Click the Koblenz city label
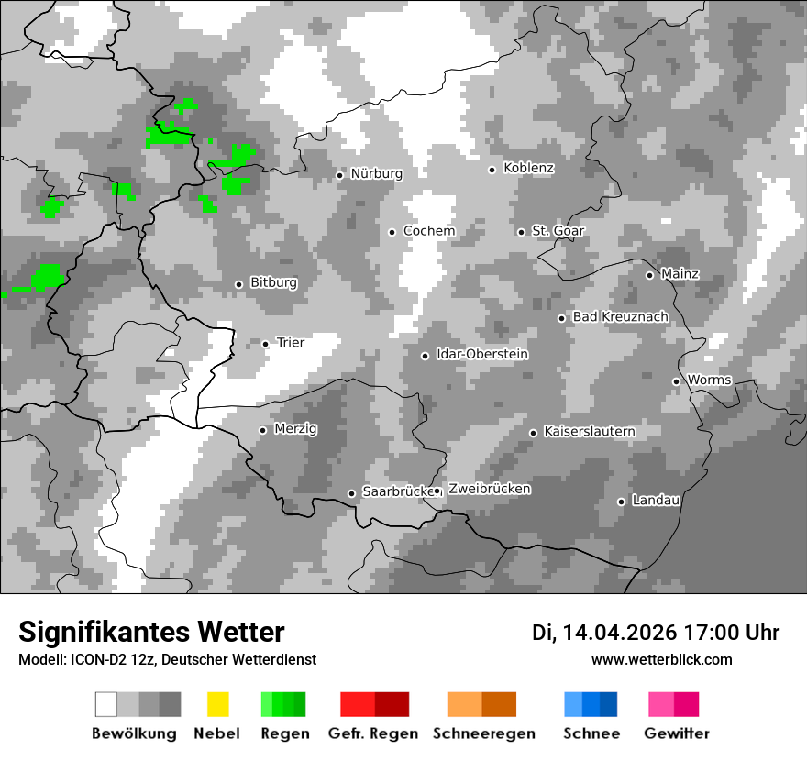[528, 168]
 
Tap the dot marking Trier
[265, 344]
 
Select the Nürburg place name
[376, 173]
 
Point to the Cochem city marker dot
[392, 232]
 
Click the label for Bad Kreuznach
[620, 316]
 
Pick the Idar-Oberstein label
[481, 354]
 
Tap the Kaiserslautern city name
[589, 431]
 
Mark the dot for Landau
[621, 502]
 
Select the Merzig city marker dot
[262, 430]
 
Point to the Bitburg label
[273, 282]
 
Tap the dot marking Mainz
[649, 275]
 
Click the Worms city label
[709, 380]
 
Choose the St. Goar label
[558, 231]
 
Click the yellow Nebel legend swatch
[217, 704]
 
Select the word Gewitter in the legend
[676, 733]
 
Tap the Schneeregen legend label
[483, 733]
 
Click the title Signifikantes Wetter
[151, 632]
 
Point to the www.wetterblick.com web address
[661, 659]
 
